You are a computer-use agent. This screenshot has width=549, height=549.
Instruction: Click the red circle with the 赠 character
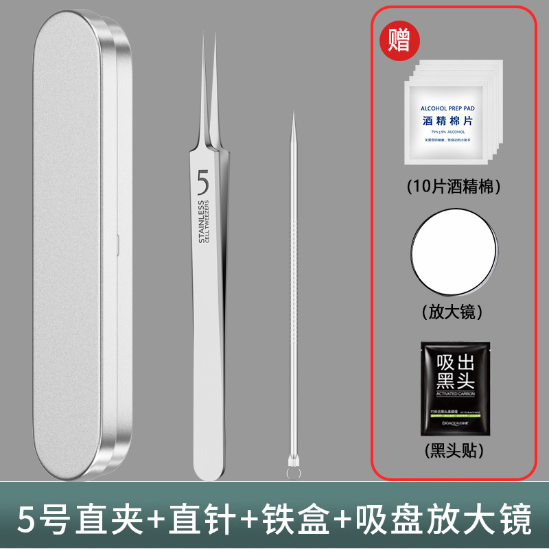[x=399, y=40]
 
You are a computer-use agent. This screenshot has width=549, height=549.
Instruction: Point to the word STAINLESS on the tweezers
[x=202, y=222]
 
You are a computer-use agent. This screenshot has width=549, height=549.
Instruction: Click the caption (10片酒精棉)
[x=452, y=185]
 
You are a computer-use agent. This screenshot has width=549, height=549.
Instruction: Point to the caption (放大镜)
[x=452, y=312]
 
